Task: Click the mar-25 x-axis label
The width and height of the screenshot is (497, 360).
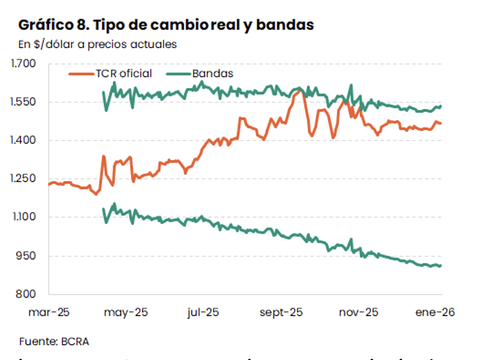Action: [x=49, y=313]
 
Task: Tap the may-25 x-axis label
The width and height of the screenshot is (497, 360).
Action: [x=126, y=313]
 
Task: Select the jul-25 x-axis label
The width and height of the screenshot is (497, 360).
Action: [x=203, y=313]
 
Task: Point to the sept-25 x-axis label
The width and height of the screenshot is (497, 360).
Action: [x=281, y=313]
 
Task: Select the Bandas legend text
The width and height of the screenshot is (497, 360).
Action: [x=213, y=74]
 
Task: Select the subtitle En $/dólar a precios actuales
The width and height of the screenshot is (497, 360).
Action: [x=98, y=44]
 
